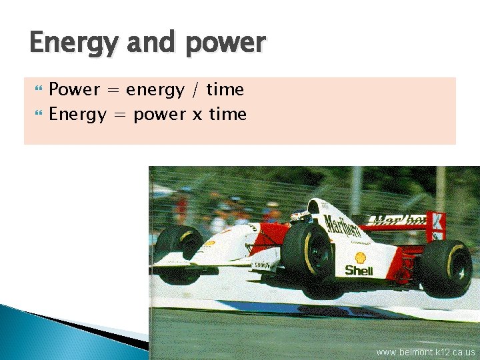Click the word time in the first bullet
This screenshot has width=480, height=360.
pyautogui.click(x=225, y=89)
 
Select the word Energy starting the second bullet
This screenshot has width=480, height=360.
pyautogui.click(x=77, y=115)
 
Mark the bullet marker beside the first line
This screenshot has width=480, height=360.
pyautogui.click(x=39, y=89)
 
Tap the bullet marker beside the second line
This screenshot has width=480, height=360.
pyautogui.click(x=39, y=114)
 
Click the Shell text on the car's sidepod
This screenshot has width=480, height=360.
pyautogui.click(x=359, y=270)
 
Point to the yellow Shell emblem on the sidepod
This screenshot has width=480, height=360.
pyautogui.click(x=360, y=257)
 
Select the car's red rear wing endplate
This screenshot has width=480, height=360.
pyautogui.click(x=437, y=225)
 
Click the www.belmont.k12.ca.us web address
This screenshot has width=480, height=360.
pyautogui.click(x=425, y=352)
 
